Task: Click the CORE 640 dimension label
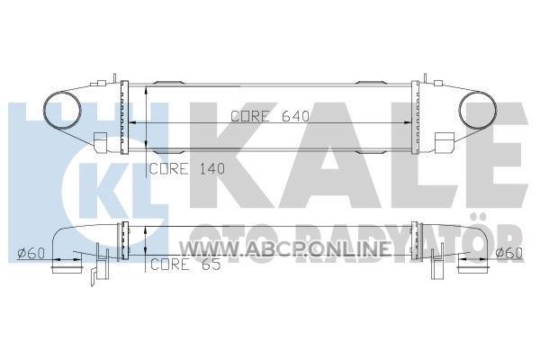pyautogui.click(x=270, y=116)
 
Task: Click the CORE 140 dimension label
pyautogui.click(x=187, y=169)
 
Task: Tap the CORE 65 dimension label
pyautogui.click(x=185, y=265)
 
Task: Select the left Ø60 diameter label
pyautogui.click(x=31, y=253)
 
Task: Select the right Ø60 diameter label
pyautogui.click(x=509, y=253)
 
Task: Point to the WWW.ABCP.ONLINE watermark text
pyautogui.click(x=284, y=248)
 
